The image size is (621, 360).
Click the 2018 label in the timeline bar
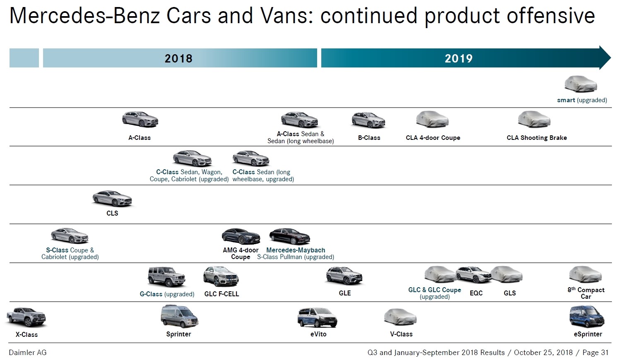coord(178,58)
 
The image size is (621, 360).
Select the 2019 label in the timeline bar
coord(458,58)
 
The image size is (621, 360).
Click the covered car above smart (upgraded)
coord(580,84)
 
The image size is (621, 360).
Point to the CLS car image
coord(112,199)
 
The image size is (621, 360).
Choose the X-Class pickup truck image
coord(26,317)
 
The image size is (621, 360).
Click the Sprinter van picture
coord(179,317)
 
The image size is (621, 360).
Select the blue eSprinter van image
coord(587,317)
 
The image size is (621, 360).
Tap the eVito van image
coord(317,317)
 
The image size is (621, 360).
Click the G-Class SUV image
coord(166,276)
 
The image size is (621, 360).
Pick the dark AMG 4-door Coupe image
coord(241,236)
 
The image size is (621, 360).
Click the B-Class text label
coord(369,138)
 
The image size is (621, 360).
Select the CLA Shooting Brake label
coord(537,138)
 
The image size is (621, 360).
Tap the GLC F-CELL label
coord(221,294)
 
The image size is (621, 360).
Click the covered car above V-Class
coord(400,317)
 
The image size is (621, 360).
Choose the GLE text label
coord(345,293)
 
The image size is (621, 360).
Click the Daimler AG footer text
coord(28,353)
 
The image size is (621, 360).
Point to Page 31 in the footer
coord(595,353)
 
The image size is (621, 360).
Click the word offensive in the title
coord(551,16)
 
